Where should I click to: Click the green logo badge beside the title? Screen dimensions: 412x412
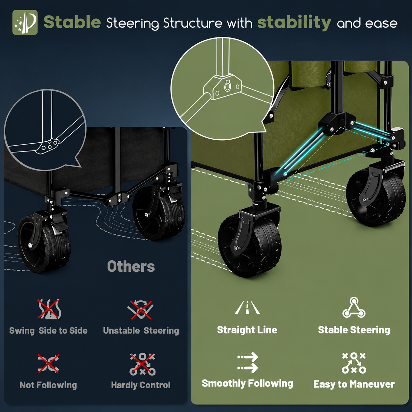25,22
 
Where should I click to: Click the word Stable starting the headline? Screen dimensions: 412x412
72,22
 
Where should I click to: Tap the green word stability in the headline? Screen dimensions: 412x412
294,23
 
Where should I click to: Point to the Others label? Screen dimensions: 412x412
131,266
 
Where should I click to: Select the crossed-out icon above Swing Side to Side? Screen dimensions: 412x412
49,309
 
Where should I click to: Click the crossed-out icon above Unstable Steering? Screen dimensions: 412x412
141,309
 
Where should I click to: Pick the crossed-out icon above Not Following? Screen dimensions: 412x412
49,364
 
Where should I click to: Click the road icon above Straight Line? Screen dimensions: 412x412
247,308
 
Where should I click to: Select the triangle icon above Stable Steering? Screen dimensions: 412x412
354,307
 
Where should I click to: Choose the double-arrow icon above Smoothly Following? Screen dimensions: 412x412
248,363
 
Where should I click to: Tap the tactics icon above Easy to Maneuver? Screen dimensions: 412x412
354,363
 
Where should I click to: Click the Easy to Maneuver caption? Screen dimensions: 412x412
354,384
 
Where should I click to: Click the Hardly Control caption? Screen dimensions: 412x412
141,385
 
